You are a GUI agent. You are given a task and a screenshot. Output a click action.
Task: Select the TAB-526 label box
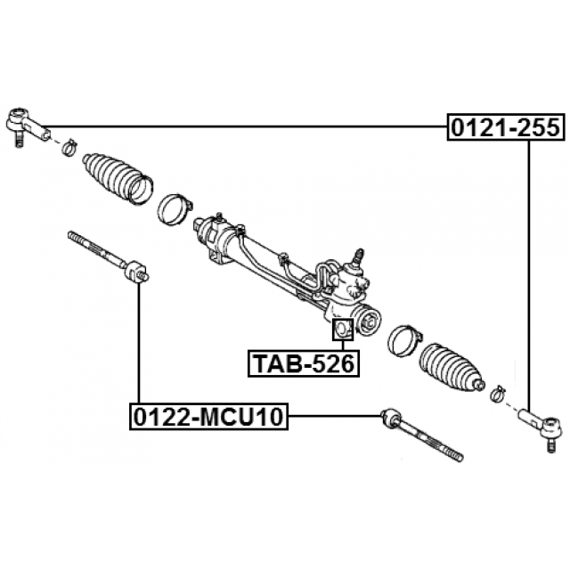pos(302,363)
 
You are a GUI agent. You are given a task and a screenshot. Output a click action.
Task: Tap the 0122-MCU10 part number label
pos(210,416)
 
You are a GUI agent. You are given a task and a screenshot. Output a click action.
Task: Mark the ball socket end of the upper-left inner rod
pos(135,270)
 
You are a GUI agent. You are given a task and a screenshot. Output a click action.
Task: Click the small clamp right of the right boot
pos(499,390)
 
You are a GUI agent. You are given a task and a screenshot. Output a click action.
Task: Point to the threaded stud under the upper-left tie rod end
pos(17,139)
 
